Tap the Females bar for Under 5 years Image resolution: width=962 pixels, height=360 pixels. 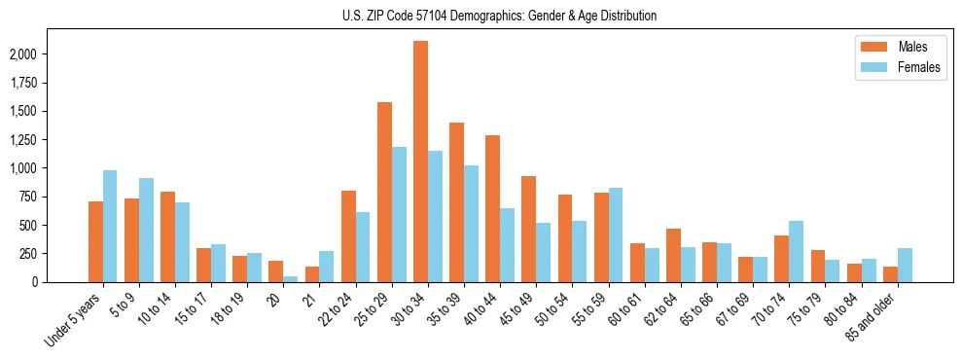click(110, 227)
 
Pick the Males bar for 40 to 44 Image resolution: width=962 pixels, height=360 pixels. click(492, 209)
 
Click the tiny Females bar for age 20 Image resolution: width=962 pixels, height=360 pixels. click(291, 279)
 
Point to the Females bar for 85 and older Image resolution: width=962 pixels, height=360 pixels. click(905, 266)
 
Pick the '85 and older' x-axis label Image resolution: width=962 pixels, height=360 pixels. click(872, 315)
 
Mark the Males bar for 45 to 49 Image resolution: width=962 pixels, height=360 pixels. click(528, 230)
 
